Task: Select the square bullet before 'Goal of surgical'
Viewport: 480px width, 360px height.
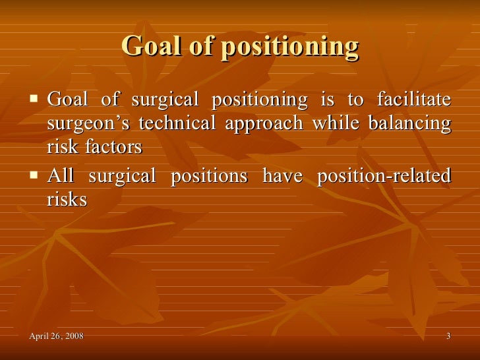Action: coord(34,100)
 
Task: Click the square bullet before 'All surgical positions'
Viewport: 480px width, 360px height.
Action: coord(34,176)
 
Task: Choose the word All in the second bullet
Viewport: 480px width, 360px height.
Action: coord(61,176)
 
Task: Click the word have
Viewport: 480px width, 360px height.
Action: coord(284,176)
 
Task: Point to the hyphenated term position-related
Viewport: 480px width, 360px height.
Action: coord(384,177)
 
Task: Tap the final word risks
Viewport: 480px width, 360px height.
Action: coord(67,200)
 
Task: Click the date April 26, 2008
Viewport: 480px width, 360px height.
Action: coord(57,337)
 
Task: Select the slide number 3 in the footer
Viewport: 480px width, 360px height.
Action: coord(448,337)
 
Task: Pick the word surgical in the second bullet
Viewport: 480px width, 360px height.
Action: coord(127,177)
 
